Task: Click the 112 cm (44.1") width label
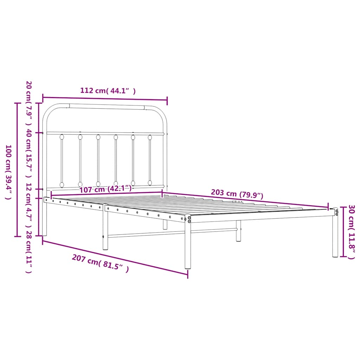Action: [x=108, y=91]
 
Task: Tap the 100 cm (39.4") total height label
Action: [x=9, y=172]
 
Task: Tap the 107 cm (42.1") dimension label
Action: [x=105, y=189]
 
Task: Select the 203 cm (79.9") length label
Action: [x=237, y=194]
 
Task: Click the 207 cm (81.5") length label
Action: [x=100, y=264]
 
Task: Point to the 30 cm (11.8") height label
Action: [x=351, y=232]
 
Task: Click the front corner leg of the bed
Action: [x=188, y=246]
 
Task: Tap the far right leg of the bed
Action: [x=335, y=236]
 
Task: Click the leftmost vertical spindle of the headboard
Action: [x=62, y=160]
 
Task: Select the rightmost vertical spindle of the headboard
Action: [x=150, y=160]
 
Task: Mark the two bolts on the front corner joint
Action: [x=189, y=219]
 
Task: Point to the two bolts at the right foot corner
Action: [x=337, y=212]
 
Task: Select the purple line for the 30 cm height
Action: [x=342, y=232]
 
